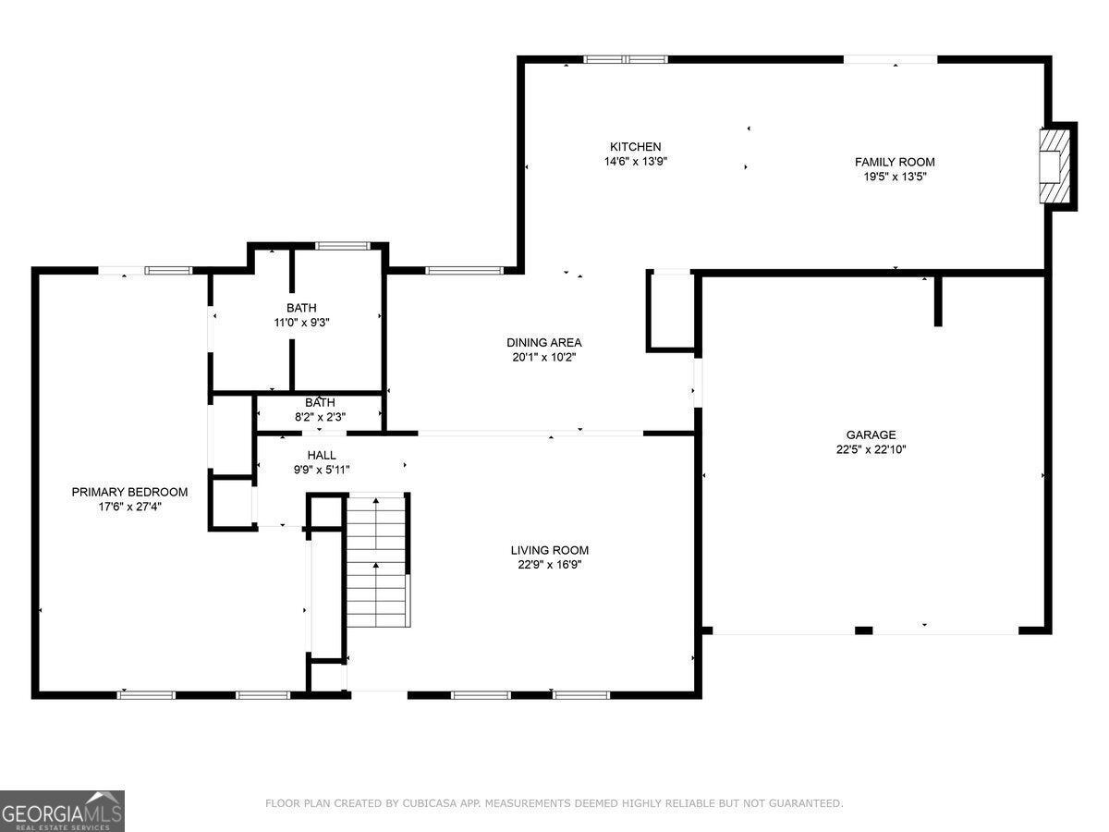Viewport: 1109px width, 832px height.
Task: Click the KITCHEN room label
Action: [635, 146]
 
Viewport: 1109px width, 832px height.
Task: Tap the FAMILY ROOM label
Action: [895, 162]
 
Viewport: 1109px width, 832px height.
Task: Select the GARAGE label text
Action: [871, 434]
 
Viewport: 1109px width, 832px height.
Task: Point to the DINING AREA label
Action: [544, 342]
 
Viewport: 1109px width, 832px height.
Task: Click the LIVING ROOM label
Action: [550, 550]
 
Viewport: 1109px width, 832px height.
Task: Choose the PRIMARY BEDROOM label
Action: [130, 492]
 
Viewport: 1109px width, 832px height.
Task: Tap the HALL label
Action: [322, 455]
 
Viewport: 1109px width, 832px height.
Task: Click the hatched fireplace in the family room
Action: [1054, 166]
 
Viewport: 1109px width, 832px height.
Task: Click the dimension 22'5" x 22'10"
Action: [871, 449]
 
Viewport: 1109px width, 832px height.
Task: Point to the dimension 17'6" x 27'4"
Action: [130, 507]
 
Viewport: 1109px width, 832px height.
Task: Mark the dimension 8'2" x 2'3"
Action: [321, 417]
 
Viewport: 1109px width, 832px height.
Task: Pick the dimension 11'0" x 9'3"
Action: [301, 323]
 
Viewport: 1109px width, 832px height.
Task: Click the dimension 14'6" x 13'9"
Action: [636, 161]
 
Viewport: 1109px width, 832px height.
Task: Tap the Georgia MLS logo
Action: [62, 811]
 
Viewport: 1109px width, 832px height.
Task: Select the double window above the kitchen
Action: [626, 59]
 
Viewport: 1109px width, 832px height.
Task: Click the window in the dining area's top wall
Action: [464, 271]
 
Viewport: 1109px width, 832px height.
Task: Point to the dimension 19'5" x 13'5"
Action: [895, 177]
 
